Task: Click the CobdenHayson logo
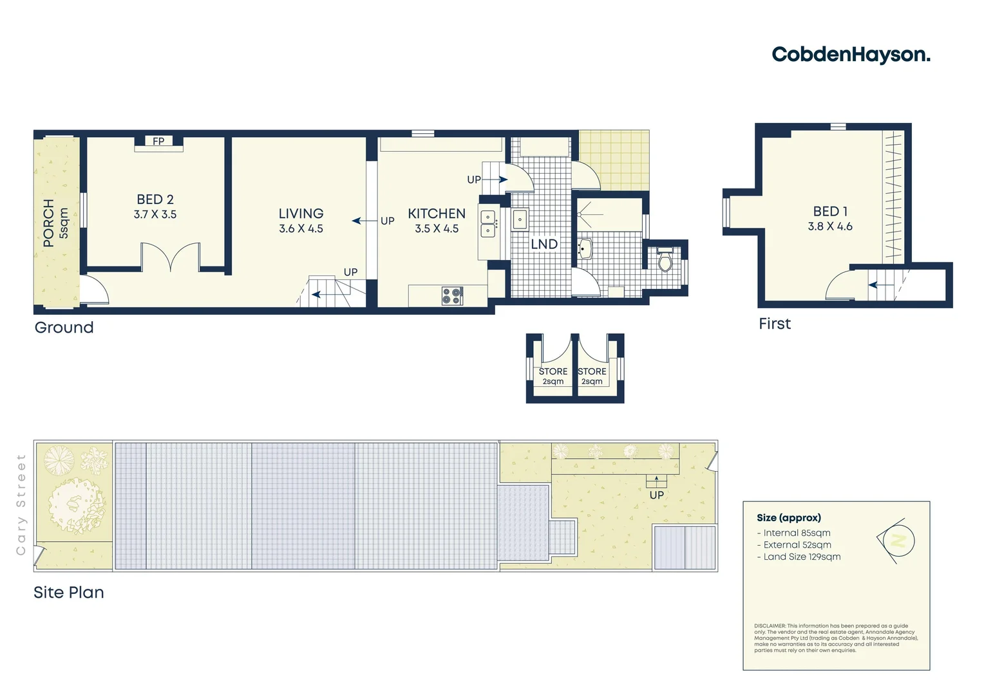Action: pos(850,55)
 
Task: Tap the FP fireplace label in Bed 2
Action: pos(158,142)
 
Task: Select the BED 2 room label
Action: pos(155,200)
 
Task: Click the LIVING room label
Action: pos(301,214)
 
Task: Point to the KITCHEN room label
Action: pos(437,214)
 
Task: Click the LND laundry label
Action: pos(544,245)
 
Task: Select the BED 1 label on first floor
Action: pos(830,212)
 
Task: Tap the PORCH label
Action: pos(49,223)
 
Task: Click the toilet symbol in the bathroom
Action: pos(665,260)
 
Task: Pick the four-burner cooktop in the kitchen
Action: pos(452,296)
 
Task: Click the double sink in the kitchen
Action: pos(488,223)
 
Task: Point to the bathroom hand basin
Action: pos(585,248)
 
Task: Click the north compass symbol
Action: pos(897,541)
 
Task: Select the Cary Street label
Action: pos(21,505)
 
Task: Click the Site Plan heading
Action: pos(69,593)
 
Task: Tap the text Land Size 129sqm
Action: pos(802,557)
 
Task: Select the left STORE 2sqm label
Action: pos(553,376)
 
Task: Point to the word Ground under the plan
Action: pos(64,328)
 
